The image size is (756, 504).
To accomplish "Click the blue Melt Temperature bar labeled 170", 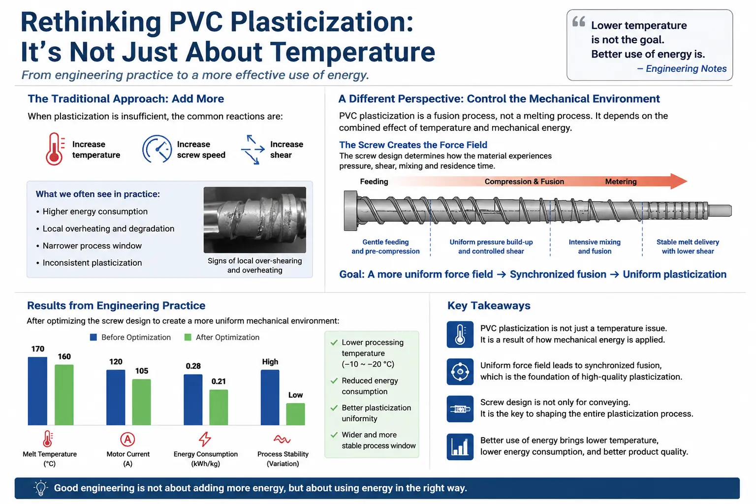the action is [37, 391].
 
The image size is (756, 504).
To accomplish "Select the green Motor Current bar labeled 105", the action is [141, 402].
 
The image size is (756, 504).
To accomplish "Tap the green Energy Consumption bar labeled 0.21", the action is [219, 408].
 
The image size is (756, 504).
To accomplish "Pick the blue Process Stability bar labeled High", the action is [270, 397].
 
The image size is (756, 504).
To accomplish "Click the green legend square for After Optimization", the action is [188, 337].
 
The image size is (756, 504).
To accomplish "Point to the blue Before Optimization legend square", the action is [94, 337].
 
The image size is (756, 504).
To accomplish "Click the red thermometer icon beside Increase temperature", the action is [55, 149].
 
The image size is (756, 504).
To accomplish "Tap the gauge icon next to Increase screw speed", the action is [157, 149].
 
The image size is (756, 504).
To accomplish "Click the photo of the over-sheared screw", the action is [255, 220].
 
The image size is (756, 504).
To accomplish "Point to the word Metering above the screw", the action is [621, 182].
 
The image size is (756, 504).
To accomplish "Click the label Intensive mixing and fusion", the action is [595, 247].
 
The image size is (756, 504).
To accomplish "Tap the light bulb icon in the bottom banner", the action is [40, 488].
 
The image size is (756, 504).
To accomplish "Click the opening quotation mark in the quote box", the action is [579, 22].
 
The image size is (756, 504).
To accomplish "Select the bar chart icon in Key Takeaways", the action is [460, 446].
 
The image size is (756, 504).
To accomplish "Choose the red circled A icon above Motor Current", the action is [127, 439].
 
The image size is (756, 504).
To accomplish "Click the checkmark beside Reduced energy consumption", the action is [334, 381].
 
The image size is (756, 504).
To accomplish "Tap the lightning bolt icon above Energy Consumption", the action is [205, 439].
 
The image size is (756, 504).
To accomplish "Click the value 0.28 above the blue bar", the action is [193, 366].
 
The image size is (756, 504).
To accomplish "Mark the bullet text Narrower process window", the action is [92, 246].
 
